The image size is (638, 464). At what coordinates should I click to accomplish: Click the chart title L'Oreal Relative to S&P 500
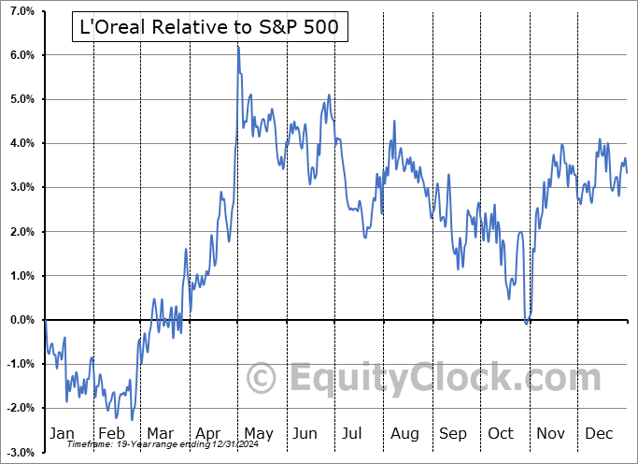(x=210, y=28)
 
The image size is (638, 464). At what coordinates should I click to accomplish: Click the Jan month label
(x=62, y=434)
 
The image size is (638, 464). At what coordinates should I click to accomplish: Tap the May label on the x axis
(x=258, y=434)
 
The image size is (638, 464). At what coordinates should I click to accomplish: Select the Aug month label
(x=405, y=434)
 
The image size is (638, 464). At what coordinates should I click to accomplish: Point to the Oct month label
(x=502, y=434)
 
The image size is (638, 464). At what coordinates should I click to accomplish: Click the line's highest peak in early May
(x=238, y=46)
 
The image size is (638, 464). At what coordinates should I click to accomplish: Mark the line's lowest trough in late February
(x=132, y=419)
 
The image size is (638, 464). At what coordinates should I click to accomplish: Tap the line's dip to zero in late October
(x=527, y=324)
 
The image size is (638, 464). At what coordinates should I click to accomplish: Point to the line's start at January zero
(x=45, y=320)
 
